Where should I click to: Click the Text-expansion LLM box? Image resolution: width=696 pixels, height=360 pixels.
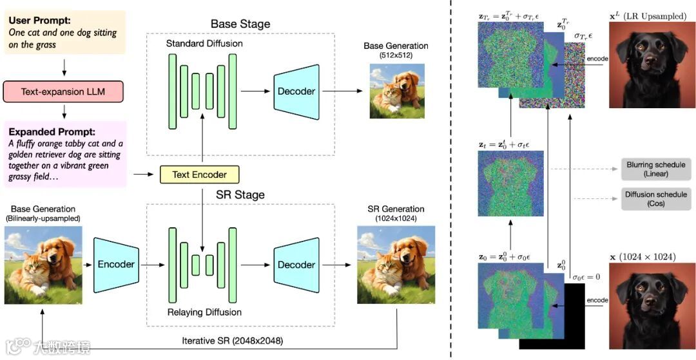63,92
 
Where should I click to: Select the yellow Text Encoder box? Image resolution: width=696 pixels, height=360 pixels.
200,173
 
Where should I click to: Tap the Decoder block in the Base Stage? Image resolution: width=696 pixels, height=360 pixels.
296,91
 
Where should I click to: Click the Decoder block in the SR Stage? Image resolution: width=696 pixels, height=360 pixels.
296,265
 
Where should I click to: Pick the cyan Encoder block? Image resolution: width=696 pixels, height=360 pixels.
116,264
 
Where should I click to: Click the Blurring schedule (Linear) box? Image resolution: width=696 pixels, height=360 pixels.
656,169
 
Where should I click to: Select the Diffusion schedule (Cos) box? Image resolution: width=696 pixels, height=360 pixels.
656,198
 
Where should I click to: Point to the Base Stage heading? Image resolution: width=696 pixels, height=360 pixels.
240,24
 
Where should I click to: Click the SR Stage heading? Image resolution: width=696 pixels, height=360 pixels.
240,194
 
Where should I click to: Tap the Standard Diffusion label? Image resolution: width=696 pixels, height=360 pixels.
204,44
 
